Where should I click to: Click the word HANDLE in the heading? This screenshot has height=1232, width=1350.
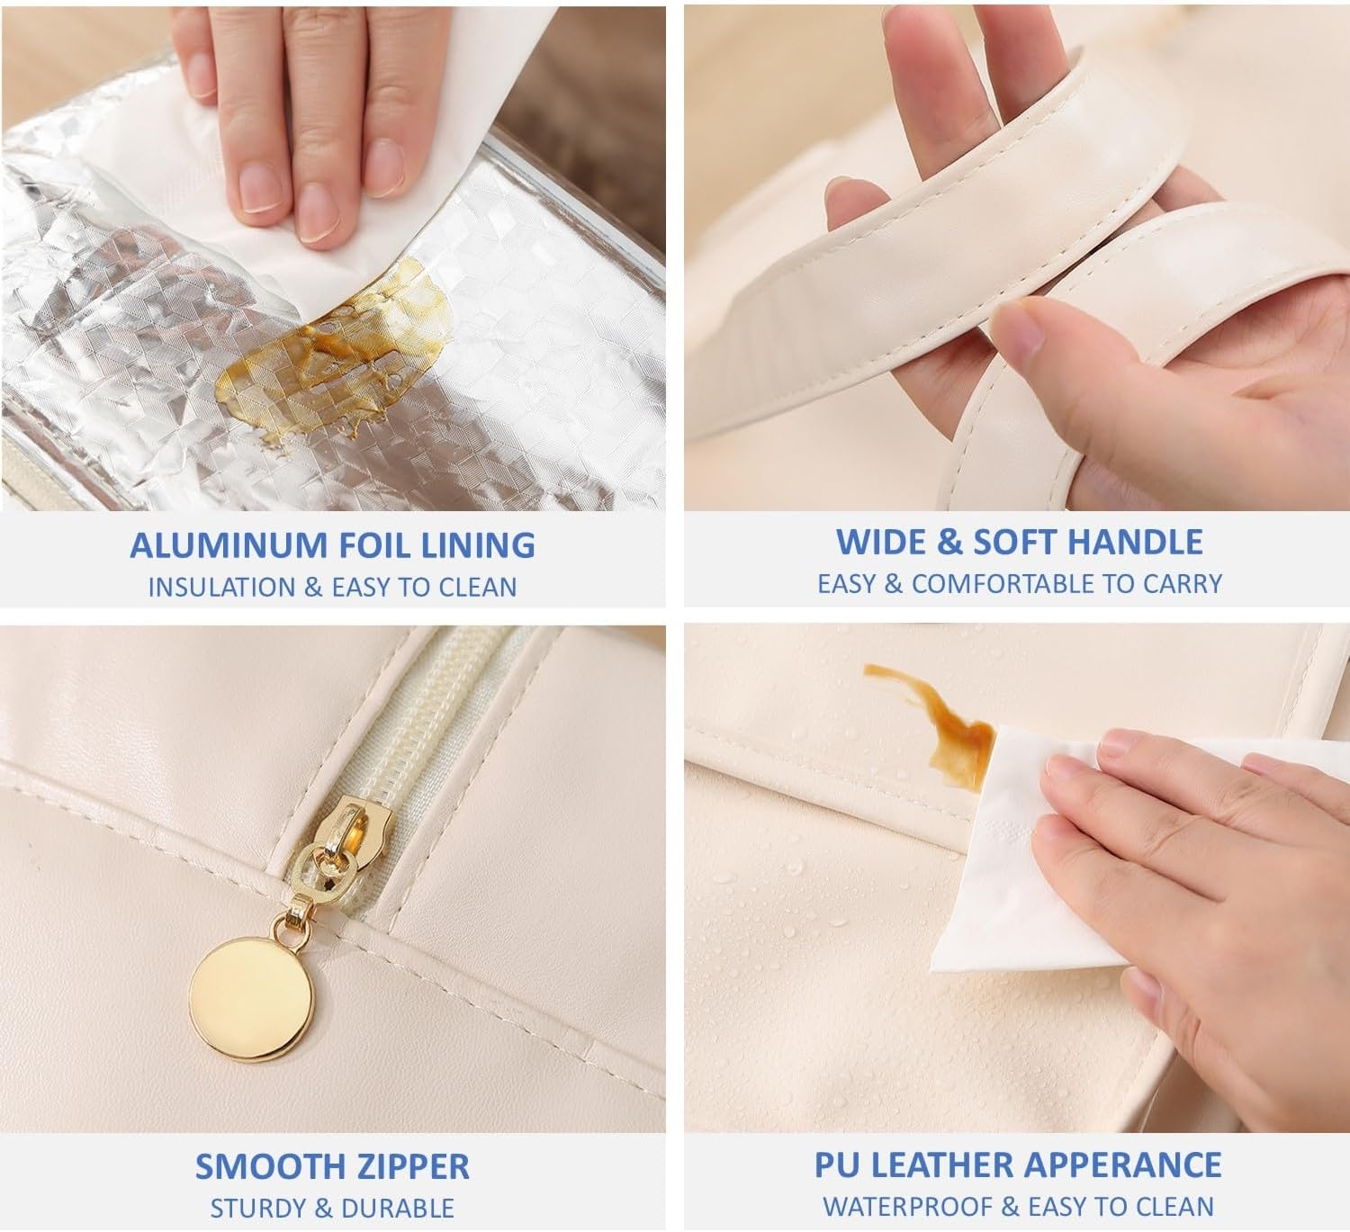1135,542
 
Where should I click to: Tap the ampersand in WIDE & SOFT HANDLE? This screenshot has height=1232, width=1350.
949,542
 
